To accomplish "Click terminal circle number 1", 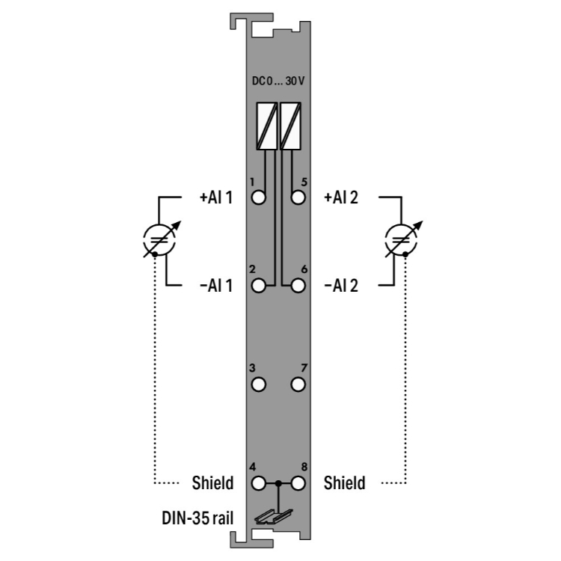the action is point(259,197).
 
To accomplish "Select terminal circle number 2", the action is point(259,286).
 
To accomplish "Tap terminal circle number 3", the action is point(259,385).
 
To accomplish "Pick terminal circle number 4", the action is point(259,484).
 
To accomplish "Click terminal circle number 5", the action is point(298,197).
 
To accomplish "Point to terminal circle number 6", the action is point(298,286).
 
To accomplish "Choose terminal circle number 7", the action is point(298,385).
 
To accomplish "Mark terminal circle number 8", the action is point(298,484).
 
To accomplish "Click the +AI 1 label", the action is point(216,197).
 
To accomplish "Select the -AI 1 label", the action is point(216,286).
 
